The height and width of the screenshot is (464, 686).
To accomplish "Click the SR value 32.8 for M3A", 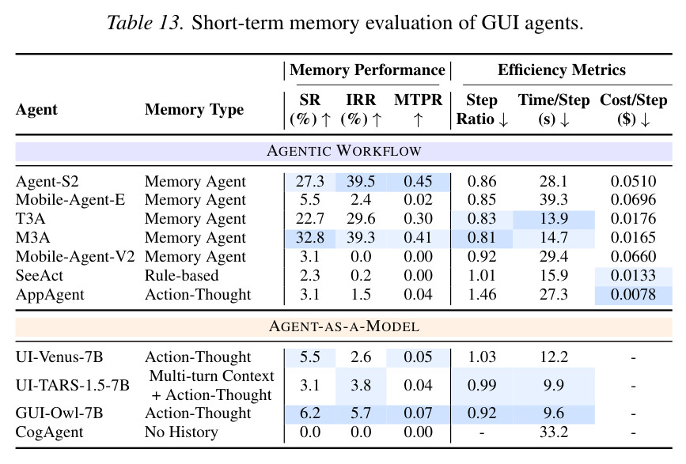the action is coord(309,237).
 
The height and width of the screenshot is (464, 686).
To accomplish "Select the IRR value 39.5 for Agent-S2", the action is coord(361,181).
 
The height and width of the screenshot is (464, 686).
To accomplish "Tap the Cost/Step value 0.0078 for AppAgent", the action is coord(633,295).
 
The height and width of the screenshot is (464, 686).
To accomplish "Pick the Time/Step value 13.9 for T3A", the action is coord(553,218).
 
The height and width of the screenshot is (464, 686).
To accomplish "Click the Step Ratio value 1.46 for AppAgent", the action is coord(482,295).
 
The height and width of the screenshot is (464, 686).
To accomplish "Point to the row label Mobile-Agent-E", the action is coord(70,200).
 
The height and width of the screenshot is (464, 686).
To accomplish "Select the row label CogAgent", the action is coord(49,432).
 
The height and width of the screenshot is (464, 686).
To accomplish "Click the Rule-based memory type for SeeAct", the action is coord(181,276).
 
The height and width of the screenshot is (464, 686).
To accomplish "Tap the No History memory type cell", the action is coord(181,432).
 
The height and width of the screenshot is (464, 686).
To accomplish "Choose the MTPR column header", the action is coord(418,100).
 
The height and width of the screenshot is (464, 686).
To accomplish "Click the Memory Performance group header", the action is coord(367,70).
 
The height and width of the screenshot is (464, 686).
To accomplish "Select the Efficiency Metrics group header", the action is coord(561,70).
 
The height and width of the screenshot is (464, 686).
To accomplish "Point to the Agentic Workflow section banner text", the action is coord(344,151).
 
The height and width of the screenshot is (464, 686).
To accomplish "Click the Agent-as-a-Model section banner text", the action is coord(344,326).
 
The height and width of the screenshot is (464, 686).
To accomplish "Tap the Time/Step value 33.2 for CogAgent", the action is coord(553,432).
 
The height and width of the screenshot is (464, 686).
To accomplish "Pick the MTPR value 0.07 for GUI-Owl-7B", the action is coord(418,413).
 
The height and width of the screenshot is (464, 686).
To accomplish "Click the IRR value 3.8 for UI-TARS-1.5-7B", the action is coord(361,386).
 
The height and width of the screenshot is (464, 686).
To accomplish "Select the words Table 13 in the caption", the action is coord(144,23).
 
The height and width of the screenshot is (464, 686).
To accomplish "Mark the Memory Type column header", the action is coord(195,109).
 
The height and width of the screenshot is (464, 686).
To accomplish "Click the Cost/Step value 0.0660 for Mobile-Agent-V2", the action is coord(633,256).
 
